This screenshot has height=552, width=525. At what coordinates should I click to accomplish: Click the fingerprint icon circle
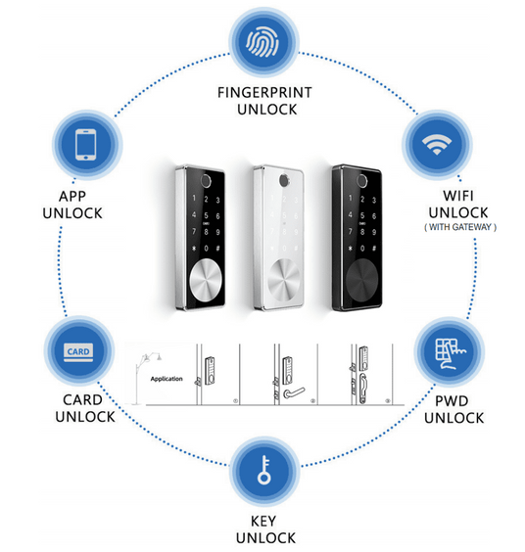coord(263,42)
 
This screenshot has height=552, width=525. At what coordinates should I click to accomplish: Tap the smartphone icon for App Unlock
coord(86,145)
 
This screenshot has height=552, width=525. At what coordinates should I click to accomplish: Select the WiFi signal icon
coord(437,144)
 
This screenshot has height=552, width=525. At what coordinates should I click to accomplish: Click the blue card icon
coord(78,352)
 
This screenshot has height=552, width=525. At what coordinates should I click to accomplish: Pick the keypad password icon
coord(451,353)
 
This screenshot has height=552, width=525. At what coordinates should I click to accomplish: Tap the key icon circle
coord(263,471)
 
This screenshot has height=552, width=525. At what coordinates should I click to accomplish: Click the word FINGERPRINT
coord(265,93)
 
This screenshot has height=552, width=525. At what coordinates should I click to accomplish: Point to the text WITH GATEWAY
coord(460,227)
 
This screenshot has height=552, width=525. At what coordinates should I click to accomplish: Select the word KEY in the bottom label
coord(263,521)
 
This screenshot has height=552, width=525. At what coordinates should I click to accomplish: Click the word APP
coord(72,196)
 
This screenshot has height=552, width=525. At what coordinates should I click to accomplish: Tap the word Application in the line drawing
coord(167,379)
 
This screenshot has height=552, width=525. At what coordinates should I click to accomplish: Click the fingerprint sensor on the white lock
coord(284,181)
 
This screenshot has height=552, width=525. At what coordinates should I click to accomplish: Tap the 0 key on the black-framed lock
coord(362,249)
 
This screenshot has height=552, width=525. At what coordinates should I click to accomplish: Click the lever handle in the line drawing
coord(294,392)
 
